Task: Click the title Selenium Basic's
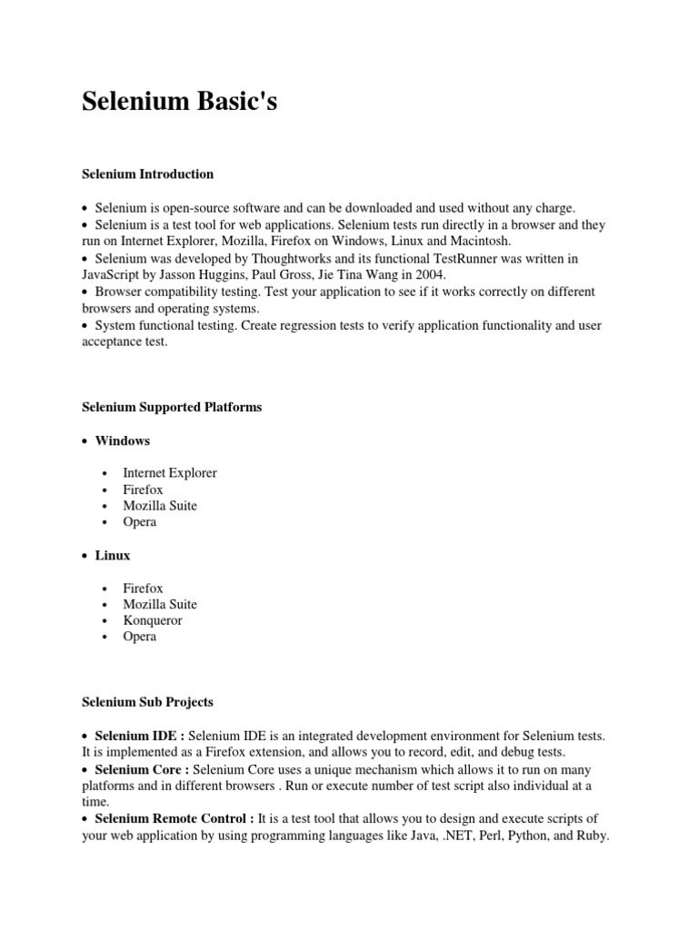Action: click(179, 102)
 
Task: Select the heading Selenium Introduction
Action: click(147, 173)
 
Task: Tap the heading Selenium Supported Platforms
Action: click(172, 407)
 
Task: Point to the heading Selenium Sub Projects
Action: click(147, 702)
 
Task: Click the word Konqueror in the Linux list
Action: click(153, 620)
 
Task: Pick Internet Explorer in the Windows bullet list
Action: click(170, 472)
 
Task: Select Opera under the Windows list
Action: click(140, 521)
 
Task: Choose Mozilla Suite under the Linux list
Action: click(160, 604)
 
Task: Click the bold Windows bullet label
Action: click(123, 440)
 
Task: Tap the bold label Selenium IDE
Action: click(135, 735)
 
